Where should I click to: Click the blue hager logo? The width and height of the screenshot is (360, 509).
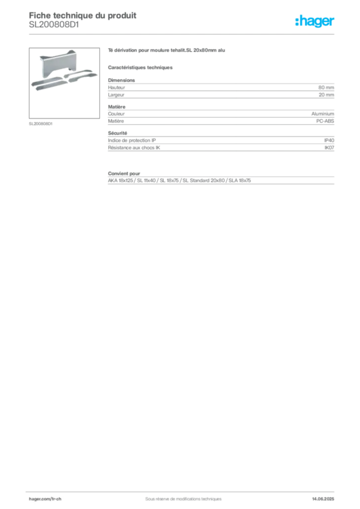tap(315, 21)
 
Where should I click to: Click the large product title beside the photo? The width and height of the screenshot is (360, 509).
tap(167, 51)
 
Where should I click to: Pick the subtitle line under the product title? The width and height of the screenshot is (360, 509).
tap(141, 67)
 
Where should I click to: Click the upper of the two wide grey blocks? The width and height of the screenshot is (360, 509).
tap(220, 89)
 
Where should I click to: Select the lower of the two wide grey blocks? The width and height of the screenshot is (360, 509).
tap(220, 145)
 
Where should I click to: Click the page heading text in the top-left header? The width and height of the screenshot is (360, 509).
tap(83, 16)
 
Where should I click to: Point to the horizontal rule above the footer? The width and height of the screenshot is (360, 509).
tap(183, 490)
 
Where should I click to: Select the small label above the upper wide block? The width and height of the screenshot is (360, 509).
tap(116, 78)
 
